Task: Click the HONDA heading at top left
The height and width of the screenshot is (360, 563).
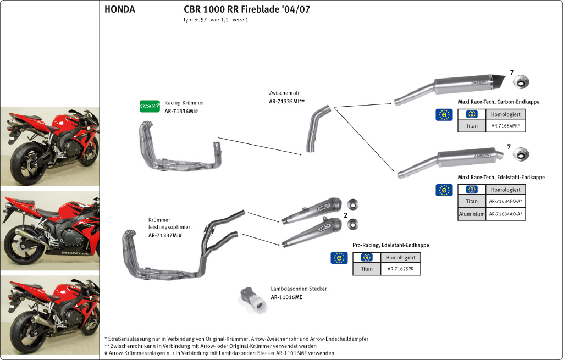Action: point(119,9)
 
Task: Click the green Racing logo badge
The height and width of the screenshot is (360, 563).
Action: point(150,106)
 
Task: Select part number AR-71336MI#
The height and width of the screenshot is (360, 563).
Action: point(181,111)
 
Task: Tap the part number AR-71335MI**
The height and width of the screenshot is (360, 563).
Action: point(286,102)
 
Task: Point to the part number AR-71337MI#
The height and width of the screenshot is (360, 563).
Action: point(165,235)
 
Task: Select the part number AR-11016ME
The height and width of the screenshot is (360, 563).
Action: point(286,297)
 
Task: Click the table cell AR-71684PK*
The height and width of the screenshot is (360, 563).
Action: point(505,126)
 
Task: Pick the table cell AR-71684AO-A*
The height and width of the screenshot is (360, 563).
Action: point(505,214)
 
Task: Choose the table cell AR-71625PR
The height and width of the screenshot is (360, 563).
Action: point(400,269)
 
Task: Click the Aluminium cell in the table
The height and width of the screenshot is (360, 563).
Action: point(471,214)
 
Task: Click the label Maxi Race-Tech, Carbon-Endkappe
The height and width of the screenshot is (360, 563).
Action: point(498,102)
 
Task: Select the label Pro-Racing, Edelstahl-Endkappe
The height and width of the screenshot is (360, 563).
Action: point(390,245)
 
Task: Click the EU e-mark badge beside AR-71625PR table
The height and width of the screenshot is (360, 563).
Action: point(339,258)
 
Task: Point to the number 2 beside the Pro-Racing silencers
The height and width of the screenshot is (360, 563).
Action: point(345,215)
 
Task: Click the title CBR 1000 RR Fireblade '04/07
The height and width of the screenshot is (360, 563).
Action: point(250,9)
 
